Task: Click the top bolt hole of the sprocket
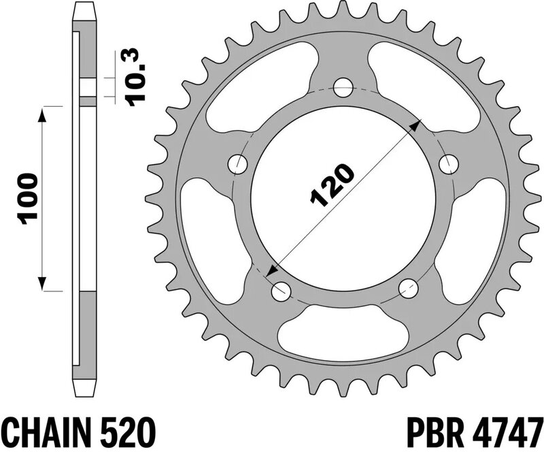pyautogui.click(x=344, y=87)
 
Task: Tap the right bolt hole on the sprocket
pyautogui.click(x=447, y=163)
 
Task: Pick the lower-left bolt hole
pyautogui.click(x=279, y=291)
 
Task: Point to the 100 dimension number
pyautogui.click(x=25, y=199)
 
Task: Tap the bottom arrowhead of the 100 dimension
pyautogui.click(x=44, y=283)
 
